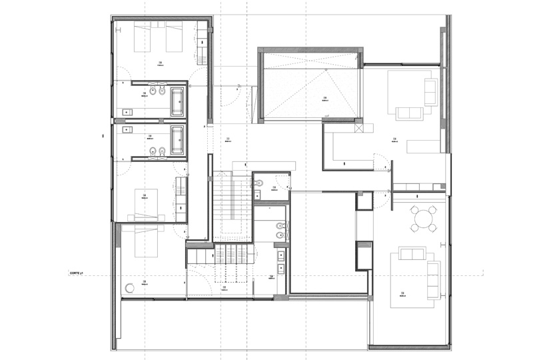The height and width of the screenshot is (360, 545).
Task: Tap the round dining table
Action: pos(423,218)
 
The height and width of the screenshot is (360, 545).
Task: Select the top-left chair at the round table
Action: pos(414,210)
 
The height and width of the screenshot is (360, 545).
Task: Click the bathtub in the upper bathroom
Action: pos(178,101)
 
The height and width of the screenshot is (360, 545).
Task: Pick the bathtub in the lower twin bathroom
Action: pos(177,139)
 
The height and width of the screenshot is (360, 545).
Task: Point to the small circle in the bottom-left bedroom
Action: pos(129,289)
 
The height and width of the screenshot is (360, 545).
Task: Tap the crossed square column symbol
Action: pos(359,127)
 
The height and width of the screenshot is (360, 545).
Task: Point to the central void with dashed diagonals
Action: pos(310,87)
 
